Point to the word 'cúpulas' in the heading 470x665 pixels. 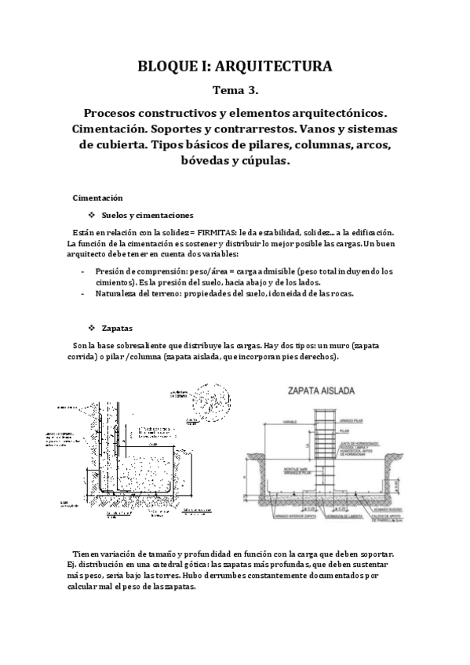[x=264, y=162]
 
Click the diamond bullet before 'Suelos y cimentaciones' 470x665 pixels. [x=93, y=216]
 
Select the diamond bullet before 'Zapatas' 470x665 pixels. [x=93, y=328]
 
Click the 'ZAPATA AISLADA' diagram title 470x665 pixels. [x=321, y=390]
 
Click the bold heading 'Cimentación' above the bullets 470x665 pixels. [x=97, y=198]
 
